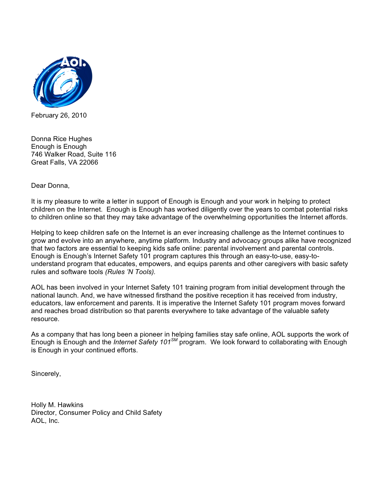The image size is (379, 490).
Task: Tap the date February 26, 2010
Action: point(59,115)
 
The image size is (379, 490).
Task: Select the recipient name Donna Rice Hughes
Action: point(62,139)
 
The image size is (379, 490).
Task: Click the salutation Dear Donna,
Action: point(50,186)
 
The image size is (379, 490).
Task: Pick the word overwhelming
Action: point(229,217)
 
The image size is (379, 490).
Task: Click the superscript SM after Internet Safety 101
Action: point(174,340)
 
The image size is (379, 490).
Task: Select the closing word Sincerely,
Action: point(46,374)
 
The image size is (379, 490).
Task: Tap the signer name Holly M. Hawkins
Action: point(57,405)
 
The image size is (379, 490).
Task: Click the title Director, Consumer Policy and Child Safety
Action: point(97,413)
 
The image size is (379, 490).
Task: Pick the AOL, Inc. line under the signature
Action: point(45,421)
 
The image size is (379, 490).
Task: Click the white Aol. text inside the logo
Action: point(73,62)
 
